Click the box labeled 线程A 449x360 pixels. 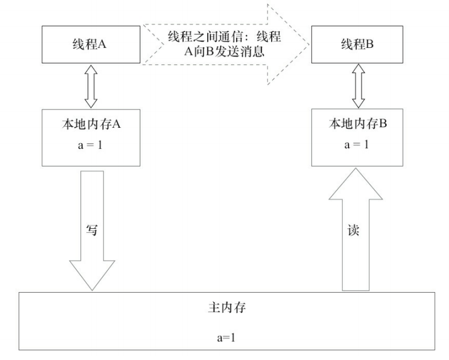(x=91, y=46)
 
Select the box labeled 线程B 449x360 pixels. (x=358, y=46)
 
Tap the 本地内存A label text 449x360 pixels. (x=91, y=124)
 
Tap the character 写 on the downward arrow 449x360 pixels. (x=91, y=230)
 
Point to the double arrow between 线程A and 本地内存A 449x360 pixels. (x=91, y=85)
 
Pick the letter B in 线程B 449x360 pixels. (x=370, y=46)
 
